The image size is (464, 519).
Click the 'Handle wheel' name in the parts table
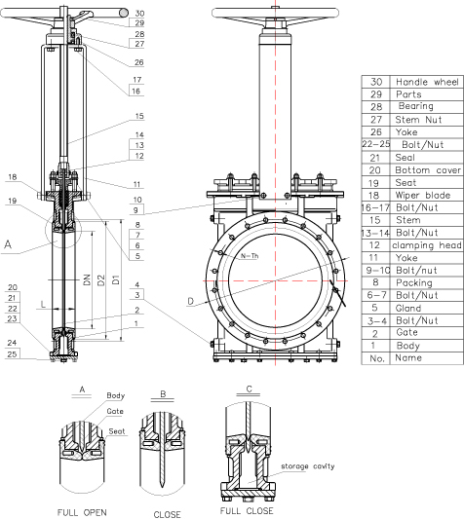coord(427,82)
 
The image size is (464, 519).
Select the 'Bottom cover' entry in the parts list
coord(428,170)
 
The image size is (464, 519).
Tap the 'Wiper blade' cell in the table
coord(423,196)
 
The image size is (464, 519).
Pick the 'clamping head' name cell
coord(427,245)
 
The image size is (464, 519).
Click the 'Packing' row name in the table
coord(414,282)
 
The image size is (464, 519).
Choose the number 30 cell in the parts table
coord(376,82)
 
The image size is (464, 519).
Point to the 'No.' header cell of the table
coord(377,358)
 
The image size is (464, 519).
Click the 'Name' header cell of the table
coord(408,357)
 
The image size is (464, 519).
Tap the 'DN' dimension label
coord(87,279)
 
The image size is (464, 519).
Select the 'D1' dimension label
coord(116,279)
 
